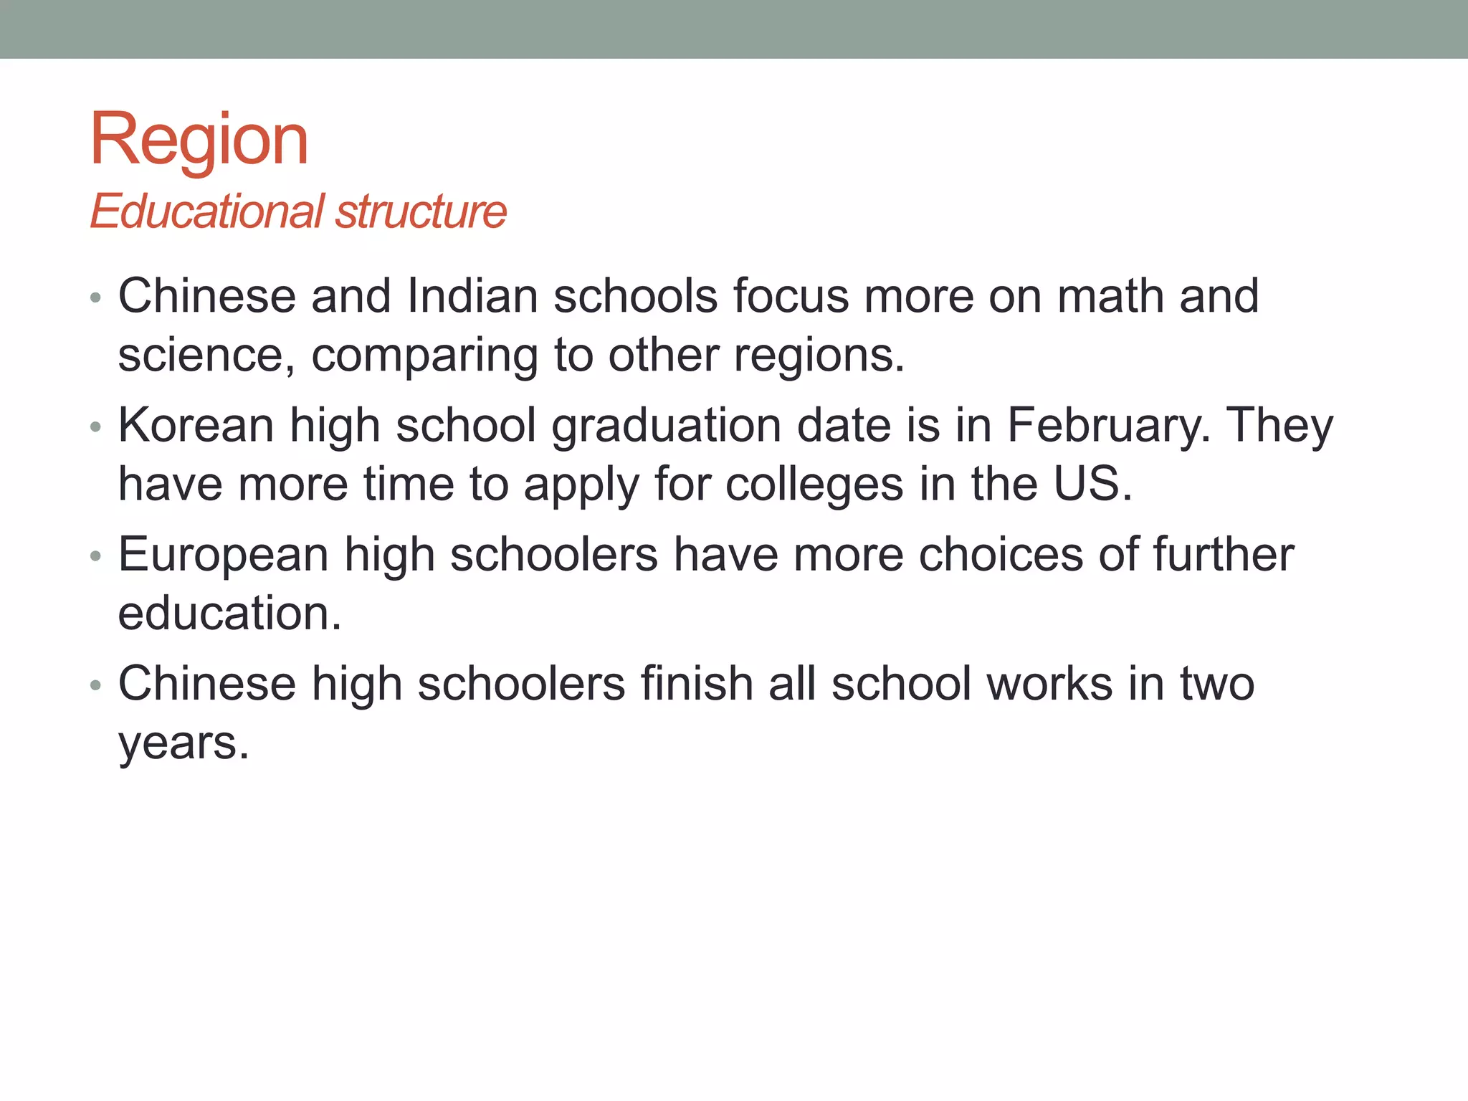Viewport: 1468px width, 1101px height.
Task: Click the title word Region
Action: click(x=199, y=140)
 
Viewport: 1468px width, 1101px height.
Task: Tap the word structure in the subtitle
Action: click(x=421, y=211)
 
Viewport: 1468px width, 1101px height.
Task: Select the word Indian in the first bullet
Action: click(x=472, y=296)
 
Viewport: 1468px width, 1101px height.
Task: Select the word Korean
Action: click(x=196, y=425)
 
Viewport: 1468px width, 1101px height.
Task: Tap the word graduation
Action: click(x=666, y=425)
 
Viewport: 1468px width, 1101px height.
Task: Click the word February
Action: click(x=1108, y=425)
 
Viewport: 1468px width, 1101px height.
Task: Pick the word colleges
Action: click(x=814, y=485)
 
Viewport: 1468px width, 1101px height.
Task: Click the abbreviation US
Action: click(x=1092, y=485)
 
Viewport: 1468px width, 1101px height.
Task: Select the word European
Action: click(x=224, y=555)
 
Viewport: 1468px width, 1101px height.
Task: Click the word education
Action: click(x=229, y=614)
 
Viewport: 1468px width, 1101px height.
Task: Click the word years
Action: click(x=183, y=743)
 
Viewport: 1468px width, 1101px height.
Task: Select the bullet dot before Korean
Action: click(x=96, y=428)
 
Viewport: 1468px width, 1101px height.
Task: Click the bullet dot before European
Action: click(x=96, y=557)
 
